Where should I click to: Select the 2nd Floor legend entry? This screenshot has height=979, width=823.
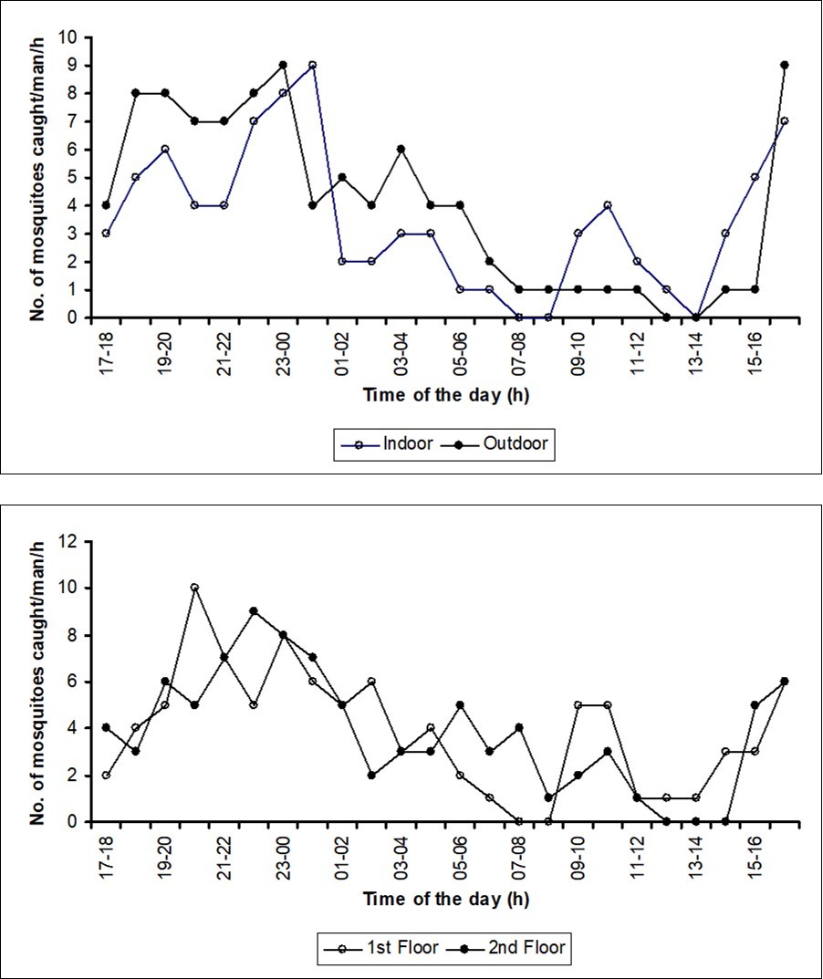click(519, 948)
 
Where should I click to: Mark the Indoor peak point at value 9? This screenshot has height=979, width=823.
click(312, 65)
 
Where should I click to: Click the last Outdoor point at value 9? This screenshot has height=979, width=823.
click(784, 65)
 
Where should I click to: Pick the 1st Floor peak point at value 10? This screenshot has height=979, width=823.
click(194, 588)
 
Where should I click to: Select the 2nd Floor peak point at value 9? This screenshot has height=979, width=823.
click(254, 611)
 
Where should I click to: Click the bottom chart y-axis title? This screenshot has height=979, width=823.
click(39, 681)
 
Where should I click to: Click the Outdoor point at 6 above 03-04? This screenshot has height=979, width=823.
click(401, 149)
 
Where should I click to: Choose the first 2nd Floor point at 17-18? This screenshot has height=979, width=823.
click(107, 727)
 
